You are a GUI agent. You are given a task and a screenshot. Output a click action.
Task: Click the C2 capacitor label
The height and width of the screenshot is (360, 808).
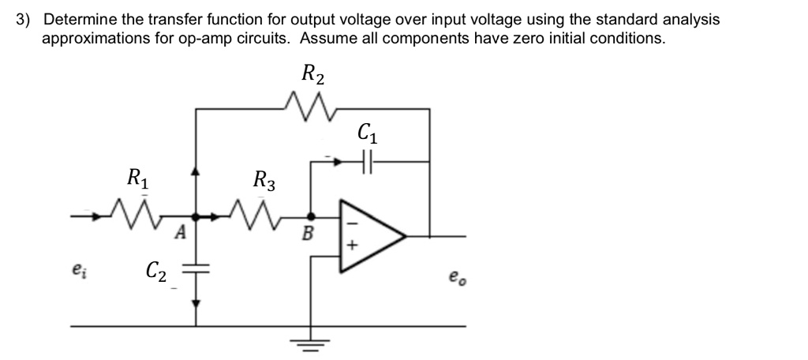pyautogui.click(x=155, y=272)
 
